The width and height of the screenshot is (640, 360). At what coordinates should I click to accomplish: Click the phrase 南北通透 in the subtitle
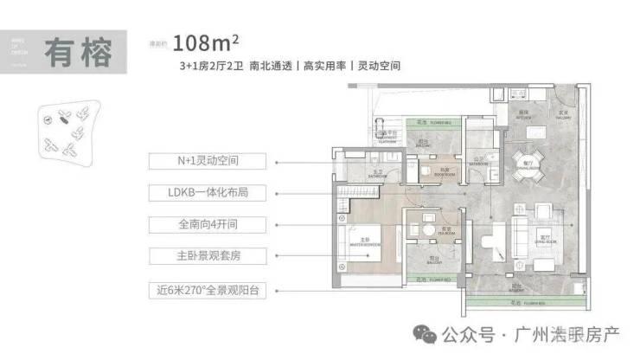(x=270, y=65)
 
